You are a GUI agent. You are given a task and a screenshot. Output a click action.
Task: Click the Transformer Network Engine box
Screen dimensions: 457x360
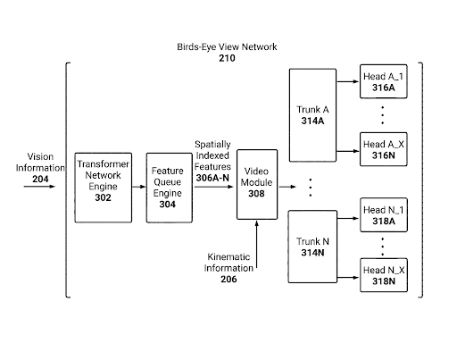click(x=104, y=188)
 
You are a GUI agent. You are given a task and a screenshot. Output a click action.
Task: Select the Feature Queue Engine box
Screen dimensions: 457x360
click(x=170, y=188)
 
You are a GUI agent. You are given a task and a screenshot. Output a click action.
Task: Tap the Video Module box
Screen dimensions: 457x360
click(x=257, y=184)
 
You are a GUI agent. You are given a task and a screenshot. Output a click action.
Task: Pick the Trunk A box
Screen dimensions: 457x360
click(x=312, y=115)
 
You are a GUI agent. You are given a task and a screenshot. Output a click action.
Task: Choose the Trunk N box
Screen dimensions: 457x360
click(x=312, y=247)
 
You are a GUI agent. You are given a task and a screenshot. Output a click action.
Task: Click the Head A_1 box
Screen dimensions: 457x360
click(x=384, y=81)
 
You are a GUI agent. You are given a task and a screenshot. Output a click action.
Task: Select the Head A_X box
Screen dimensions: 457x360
click(x=384, y=149)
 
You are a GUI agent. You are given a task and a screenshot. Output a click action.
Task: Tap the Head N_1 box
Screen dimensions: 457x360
click(x=384, y=214)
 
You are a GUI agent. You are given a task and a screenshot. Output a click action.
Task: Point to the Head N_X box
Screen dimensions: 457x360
click(x=384, y=275)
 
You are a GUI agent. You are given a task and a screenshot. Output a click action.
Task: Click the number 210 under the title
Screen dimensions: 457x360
click(x=227, y=58)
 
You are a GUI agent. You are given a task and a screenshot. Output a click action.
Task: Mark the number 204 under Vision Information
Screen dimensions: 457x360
click(x=40, y=179)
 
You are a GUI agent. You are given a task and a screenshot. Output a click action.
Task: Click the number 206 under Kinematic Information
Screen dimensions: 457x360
click(x=228, y=279)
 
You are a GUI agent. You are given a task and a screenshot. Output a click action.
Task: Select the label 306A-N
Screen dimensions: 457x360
click(x=212, y=178)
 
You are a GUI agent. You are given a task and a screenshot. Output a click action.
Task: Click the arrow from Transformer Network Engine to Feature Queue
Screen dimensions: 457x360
click(x=139, y=187)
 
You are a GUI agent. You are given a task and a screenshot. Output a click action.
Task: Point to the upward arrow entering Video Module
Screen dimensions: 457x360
click(x=257, y=244)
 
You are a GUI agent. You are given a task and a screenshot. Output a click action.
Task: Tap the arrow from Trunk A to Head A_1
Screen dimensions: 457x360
click(x=348, y=81)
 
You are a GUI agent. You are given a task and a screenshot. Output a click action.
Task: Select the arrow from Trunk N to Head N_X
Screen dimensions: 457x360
click(x=348, y=278)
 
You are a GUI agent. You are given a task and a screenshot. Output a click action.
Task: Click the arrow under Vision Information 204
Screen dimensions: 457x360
click(x=39, y=187)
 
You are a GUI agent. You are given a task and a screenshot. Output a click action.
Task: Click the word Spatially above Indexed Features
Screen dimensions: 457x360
click(x=212, y=145)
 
